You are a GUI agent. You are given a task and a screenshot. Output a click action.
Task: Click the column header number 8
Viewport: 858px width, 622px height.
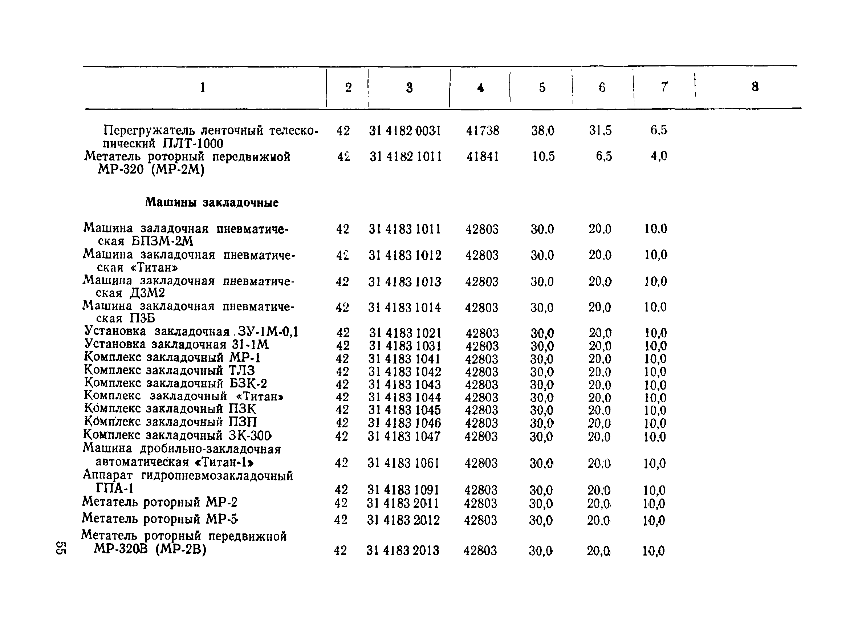[755, 88]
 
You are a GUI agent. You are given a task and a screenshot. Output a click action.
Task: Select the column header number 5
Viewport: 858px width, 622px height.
[542, 88]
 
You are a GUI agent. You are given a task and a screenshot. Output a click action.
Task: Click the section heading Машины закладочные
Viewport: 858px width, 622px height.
[212, 203]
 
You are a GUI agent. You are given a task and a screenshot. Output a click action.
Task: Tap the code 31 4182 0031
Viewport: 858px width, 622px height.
[405, 131]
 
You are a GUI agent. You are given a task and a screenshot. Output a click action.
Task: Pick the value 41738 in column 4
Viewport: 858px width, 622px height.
[482, 131]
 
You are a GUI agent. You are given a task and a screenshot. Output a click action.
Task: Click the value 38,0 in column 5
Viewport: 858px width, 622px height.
[543, 131]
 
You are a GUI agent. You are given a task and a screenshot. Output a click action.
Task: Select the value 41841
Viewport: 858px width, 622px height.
[482, 156]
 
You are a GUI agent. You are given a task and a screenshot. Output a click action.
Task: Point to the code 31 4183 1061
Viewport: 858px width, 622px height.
[403, 463]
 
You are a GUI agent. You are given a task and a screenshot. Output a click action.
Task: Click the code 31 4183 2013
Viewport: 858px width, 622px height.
[403, 550]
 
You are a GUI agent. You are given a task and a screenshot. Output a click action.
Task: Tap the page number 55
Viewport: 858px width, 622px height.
[61, 548]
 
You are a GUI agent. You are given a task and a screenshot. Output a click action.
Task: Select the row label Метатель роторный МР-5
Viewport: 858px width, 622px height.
[160, 519]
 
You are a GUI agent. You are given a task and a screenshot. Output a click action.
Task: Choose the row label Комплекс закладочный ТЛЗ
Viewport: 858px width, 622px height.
[170, 370]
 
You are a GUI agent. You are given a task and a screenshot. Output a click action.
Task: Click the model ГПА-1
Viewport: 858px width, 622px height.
[115, 489]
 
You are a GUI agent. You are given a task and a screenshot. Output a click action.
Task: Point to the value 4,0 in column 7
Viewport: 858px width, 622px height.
[659, 156]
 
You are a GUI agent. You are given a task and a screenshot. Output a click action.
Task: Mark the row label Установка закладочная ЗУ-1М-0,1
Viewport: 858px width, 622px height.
[191, 332]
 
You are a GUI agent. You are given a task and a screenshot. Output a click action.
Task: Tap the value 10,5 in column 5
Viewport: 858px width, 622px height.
[543, 156]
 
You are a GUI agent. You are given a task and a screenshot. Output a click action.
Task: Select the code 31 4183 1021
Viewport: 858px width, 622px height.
[405, 333]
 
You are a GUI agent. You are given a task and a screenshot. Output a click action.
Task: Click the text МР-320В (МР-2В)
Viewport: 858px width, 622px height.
[150, 549]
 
